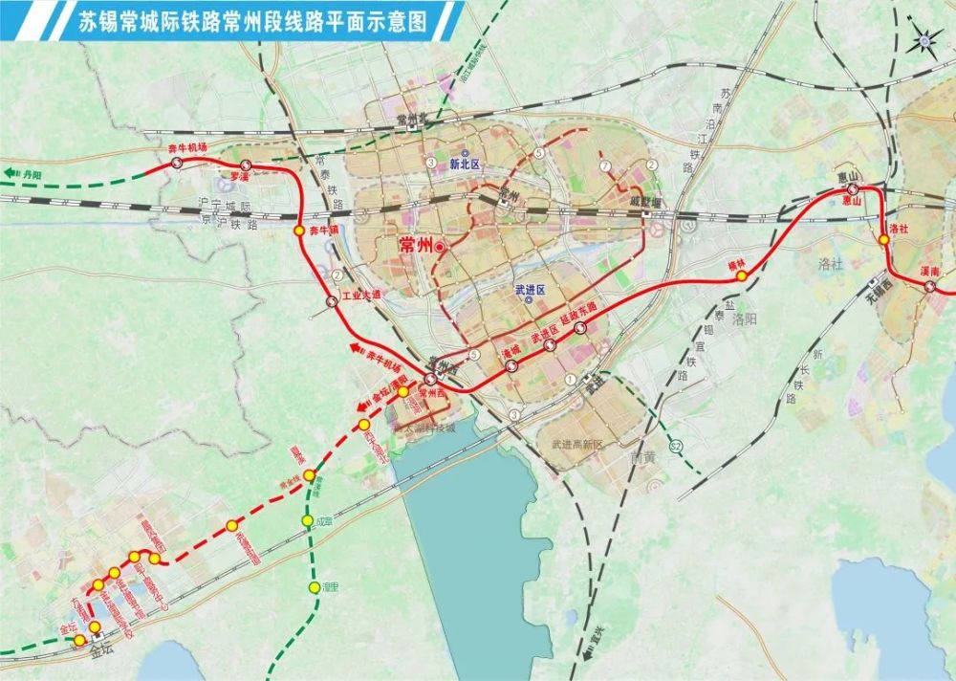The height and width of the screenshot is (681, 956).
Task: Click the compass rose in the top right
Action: pyautogui.click(x=925, y=40)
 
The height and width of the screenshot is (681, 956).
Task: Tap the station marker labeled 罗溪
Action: pyautogui.click(x=246, y=165)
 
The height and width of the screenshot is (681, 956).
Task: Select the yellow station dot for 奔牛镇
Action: pyautogui.click(x=299, y=231)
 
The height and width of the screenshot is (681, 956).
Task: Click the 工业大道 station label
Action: pyautogui.click(x=360, y=295)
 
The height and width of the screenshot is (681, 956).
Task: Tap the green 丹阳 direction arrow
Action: pyautogui.click(x=21, y=173)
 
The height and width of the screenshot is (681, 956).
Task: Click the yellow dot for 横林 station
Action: pyautogui.click(x=740, y=275)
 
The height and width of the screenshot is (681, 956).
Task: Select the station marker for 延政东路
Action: pyautogui.click(x=579, y=328)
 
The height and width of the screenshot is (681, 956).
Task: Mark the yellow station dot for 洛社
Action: pyautogui.click(x=884, y=239)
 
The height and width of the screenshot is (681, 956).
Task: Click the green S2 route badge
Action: pyautogui.click(x=676, y=447)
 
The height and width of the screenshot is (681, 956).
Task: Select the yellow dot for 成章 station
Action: pyautogui.click(x=308, y=521)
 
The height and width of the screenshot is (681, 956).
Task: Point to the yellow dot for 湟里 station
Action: pyautogui.click(x=314, y=587)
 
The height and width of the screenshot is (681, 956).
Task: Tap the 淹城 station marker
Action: pyautogui.click(x=510, y=365)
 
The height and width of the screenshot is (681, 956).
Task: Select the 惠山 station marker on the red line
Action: pyautogui.click(x=851, y=189)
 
